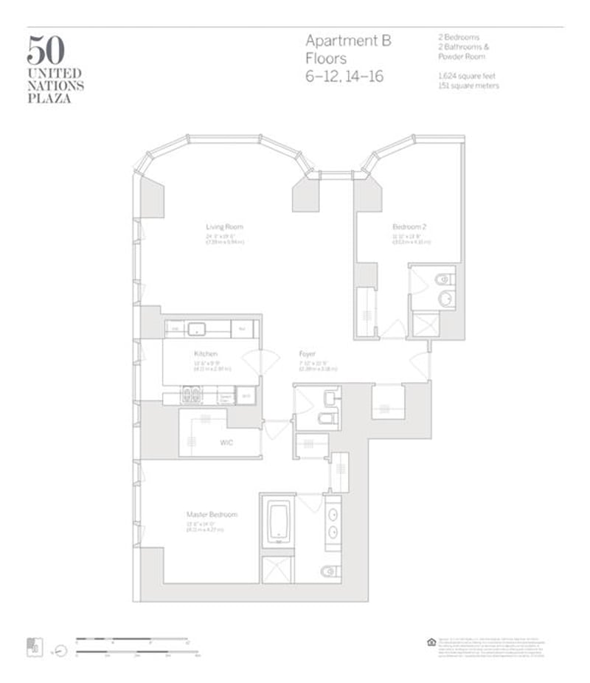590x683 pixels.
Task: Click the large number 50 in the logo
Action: coord(46,50)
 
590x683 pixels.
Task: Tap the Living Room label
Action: coord(224,226)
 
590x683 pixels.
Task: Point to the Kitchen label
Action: coord(206,353)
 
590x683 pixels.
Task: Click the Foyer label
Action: coord(308,353)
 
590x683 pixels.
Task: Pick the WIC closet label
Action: coord(226,443)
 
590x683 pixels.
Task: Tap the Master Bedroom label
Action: coord(212,513)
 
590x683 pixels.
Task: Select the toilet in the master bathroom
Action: coord(330,569)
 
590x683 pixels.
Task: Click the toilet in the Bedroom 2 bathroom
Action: coord(443,279)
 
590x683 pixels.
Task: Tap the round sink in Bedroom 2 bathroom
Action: coord(445,299)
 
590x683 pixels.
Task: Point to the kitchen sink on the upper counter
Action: coord(196,328)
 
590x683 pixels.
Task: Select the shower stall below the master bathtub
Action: coord(277,569)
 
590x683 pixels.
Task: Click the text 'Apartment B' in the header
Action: coord(348,41)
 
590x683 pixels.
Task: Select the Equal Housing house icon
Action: coord(431,642)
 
